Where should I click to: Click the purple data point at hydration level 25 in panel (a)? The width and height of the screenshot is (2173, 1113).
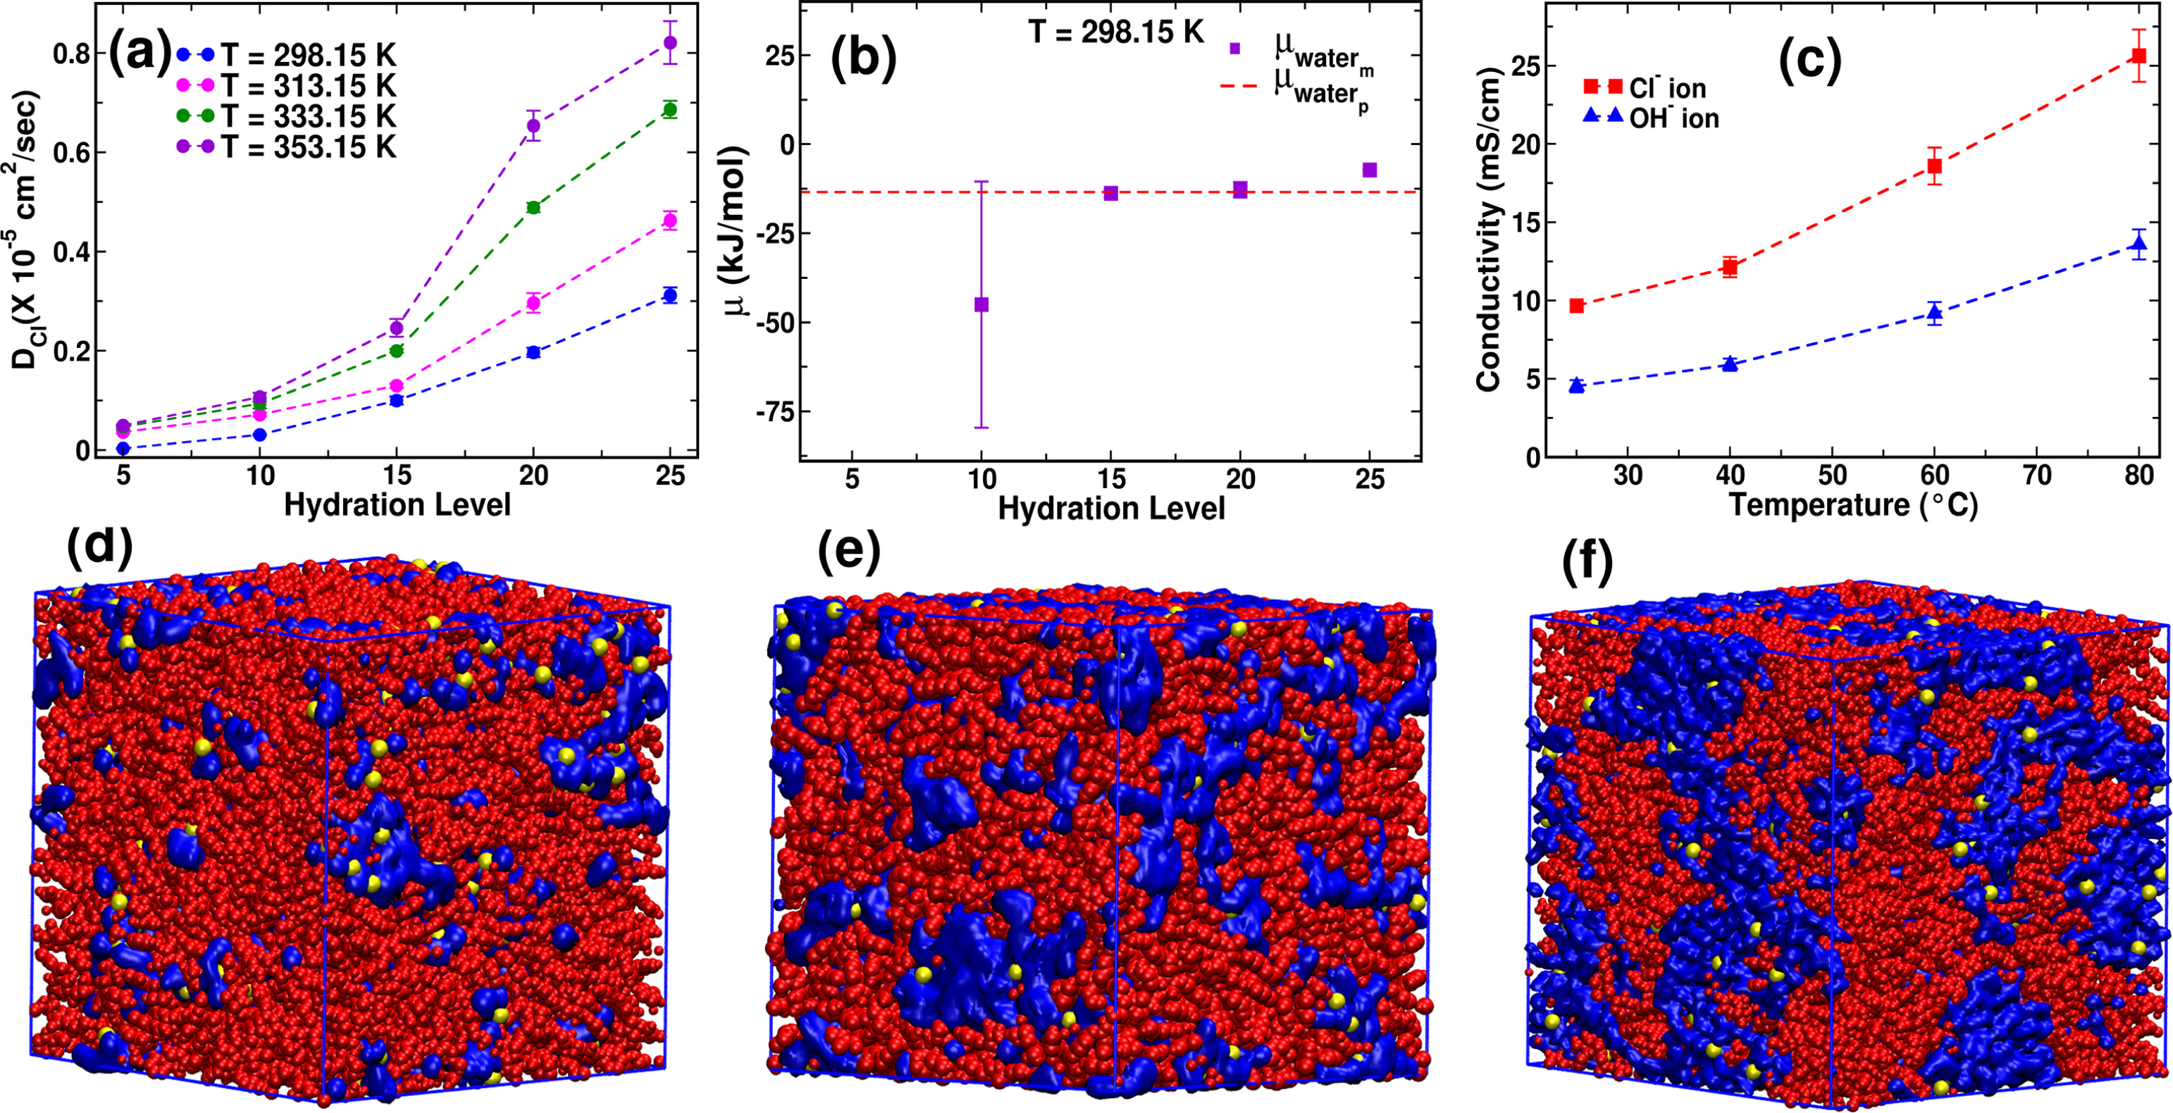[671, 43]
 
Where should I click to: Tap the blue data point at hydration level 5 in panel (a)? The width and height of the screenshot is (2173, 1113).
[123, 449]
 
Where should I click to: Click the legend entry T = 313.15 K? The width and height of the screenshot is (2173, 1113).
[308, 86]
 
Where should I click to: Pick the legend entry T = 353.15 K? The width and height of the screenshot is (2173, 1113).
[308, 147]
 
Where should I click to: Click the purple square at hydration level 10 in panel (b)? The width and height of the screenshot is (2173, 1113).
[981, 304]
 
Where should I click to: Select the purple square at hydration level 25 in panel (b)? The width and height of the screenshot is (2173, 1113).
[1370, 170]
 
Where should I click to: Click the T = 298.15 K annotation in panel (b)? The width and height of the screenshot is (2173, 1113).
[1115, 32]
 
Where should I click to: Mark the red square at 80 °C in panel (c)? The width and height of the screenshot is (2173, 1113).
[2138, 56]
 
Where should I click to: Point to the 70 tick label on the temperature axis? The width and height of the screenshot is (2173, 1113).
[2037, 475]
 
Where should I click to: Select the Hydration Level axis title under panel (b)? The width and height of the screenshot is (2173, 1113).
[1111, 509]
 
